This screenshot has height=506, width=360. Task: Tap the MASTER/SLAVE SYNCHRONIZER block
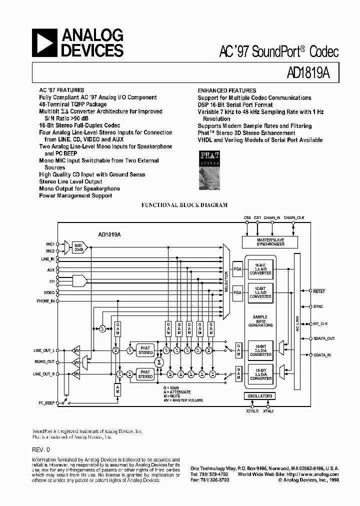pyautogui.click(x=270, y=242)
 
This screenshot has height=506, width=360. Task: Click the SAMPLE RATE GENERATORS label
pyautogui.click(x=260, y=321)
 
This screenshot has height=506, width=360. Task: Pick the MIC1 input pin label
pyautogui.click(x=50, y=244)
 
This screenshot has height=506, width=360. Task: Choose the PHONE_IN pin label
pyautogui.click(x=45, y=301)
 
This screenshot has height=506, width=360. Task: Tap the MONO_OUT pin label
pyautogui.click(x=44, y=361)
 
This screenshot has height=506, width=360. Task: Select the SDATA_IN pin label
pyautogui.click(x=322, y=354)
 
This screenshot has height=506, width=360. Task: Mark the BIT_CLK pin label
pyautogui.click(x=320, y=323)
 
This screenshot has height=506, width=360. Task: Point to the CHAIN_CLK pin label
pyautogui.click(x=294, y=218)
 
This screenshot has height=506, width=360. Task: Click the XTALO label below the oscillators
pyautogui.click(x=252, y=410)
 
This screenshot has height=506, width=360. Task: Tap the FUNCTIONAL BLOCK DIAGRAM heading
pyautogui.click(x=184, y=205)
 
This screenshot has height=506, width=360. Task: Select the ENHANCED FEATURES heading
pyautogui.click(x=226, y=90)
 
